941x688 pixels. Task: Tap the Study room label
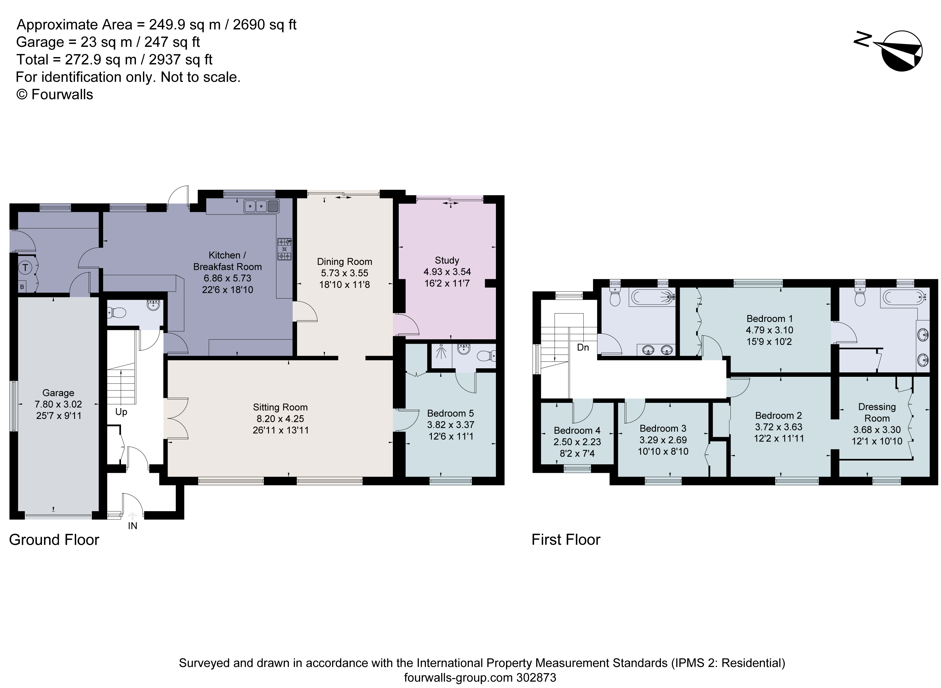[x=447, y=260]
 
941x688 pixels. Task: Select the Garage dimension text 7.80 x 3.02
[x=58, y=404]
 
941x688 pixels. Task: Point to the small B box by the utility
[x=22, y=287]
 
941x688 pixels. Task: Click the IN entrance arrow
[x=132, y=516]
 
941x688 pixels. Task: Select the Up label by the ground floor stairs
[x=121, y=412]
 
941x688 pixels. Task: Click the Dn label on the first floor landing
[x=583, y=347]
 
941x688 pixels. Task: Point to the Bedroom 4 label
[x=577, y=430]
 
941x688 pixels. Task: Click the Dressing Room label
[x=877, y=412]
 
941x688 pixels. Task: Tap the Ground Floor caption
[x=54, y=540]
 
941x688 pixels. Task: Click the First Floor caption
[x=565, y=540]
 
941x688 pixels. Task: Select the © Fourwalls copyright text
[x=54, y=95]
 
